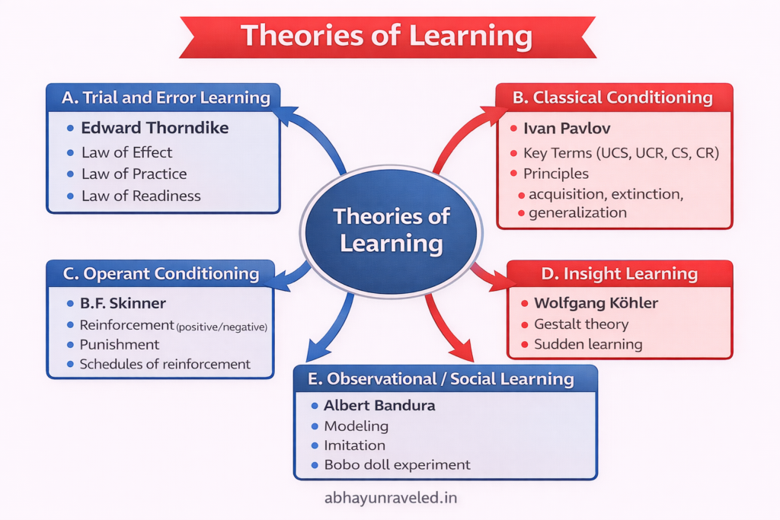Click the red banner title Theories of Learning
point(386,36)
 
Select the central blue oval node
point(391,229)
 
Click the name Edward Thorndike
point(155,128)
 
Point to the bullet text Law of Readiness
point(141,196)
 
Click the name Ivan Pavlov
point(567,129)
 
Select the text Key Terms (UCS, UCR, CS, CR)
point(621,153)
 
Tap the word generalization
point(577,212)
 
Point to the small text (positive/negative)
point(222,327)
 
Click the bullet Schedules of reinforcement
point(165,364)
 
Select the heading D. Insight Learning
point(619,274)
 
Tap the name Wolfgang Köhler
point(596,303)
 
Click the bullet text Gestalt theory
point(581,324)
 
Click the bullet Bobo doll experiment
point(397,464)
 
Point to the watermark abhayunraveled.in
point(390,498)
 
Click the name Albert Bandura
point(379,406)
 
